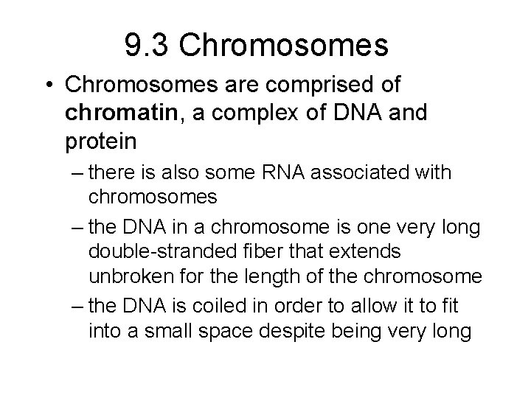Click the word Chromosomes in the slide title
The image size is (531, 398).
tap(284, 46)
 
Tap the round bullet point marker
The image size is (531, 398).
tap(49, 85)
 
